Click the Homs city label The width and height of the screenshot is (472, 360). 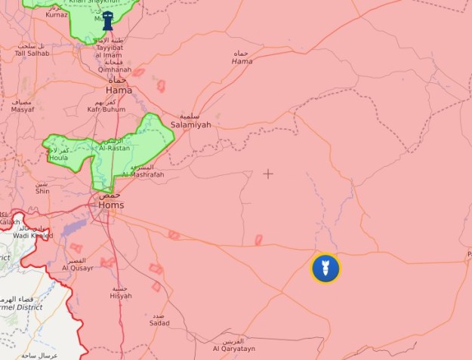tap(111, 205)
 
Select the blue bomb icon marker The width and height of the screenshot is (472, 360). tap(325, 268)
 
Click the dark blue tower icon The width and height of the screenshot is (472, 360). tap(108, 20)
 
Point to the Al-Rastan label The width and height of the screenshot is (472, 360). tap(114, 149)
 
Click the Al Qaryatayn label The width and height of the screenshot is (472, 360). tap(233, 349)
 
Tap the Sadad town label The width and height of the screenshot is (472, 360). tap(159, 322)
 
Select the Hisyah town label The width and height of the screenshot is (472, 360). tap(121, 295)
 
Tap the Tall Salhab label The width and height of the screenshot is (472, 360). tap(32, 54)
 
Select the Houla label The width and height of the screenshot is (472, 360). tap(58, 158)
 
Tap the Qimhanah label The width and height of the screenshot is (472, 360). tap(115, 69)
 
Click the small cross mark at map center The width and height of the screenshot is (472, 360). tap(268, 174)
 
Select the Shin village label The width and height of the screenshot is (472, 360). tap(42, 191)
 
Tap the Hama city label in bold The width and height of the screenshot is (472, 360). tap(119, 90)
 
